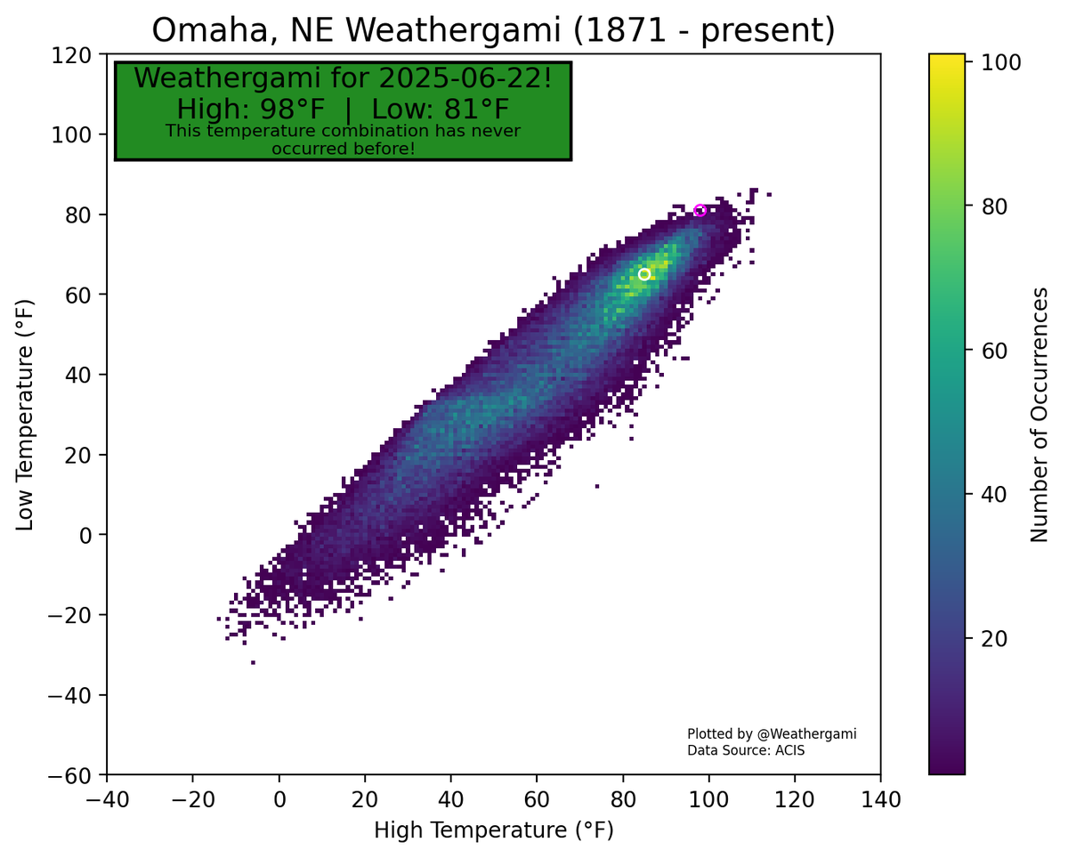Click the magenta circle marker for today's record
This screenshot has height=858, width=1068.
point(700,210)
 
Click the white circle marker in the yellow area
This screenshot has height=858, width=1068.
point(644,274)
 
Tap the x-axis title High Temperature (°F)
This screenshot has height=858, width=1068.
point(493,830)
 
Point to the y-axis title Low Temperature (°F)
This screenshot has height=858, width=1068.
point(25,415)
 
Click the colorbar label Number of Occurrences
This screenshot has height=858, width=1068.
point(1038,415)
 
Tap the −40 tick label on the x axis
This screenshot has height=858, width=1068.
point(107,799)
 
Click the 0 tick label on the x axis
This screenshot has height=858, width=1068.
point(279,799)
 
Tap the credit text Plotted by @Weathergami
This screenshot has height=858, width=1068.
point(771,734)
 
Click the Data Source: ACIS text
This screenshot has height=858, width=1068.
point(746,751)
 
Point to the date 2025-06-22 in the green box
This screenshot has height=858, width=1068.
point(459,78)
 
